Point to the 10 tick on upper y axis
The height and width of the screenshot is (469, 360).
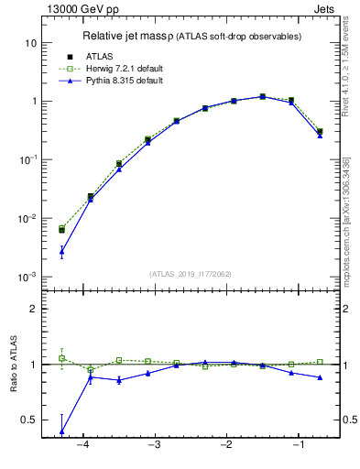[x=29, y=43]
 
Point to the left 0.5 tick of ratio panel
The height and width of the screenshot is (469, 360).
[x=30, y=420]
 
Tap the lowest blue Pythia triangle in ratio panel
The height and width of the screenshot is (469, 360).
[x=61, y=431]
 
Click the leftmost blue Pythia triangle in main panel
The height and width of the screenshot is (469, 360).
[x=61, y=251]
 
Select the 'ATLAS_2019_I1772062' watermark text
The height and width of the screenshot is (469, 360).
[x=190, y=273]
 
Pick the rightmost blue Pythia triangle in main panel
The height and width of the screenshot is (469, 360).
[x=320, y=135]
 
